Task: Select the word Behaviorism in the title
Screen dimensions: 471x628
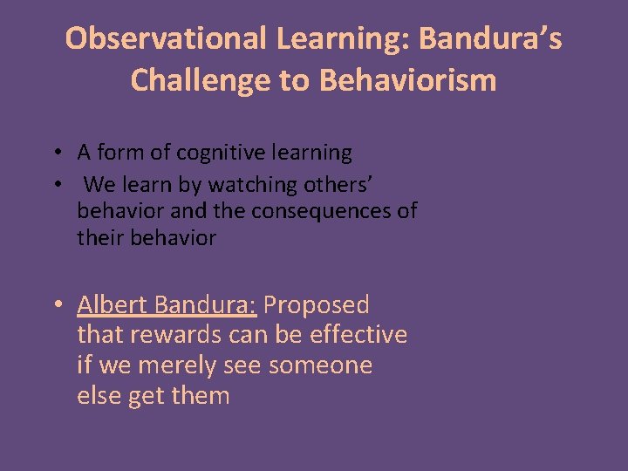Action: click(408, 80)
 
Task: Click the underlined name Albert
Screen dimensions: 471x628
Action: click(112, 305)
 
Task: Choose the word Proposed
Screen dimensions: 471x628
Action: click(317, 305)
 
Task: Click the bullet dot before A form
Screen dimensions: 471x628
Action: click(54, 154)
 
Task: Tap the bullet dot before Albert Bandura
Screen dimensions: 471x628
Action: click(56, 306)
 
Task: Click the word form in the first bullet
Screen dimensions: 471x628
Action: click(119, 154)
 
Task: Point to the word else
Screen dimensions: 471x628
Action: click(99, 396)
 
